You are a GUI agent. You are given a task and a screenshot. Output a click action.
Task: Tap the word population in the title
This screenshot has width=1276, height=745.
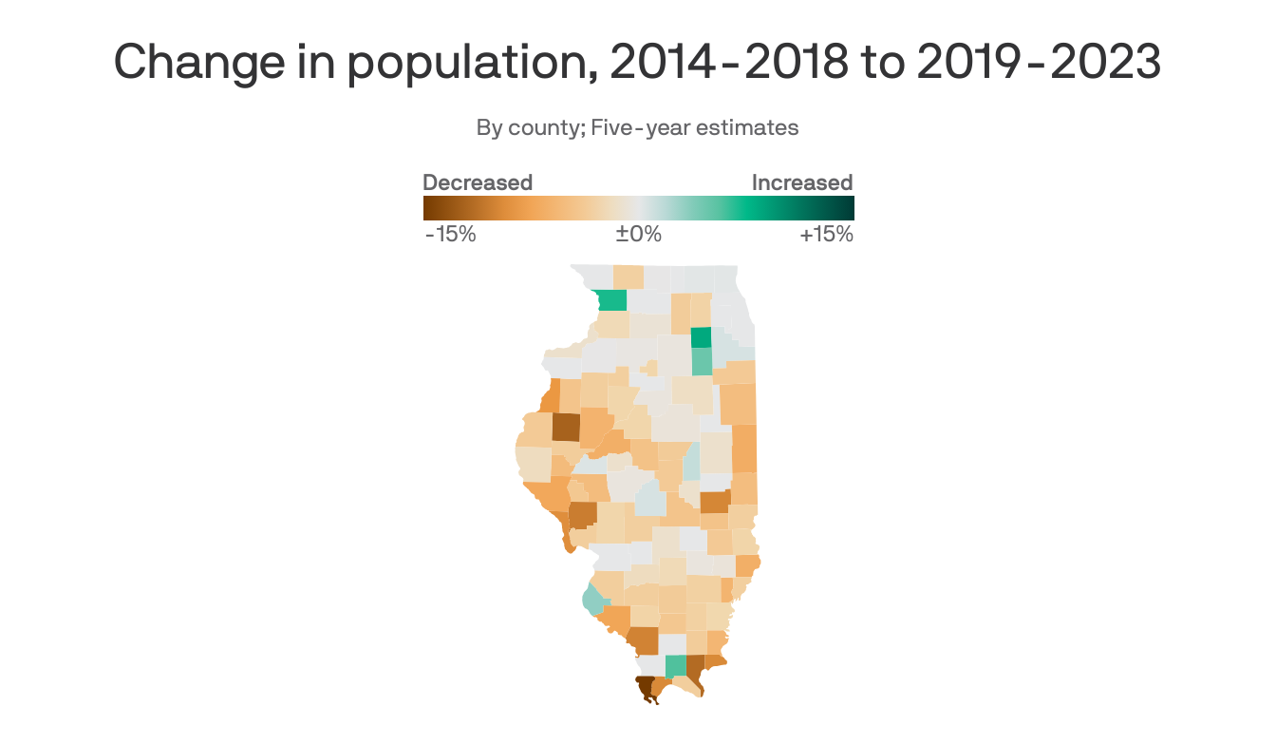pos(418,63)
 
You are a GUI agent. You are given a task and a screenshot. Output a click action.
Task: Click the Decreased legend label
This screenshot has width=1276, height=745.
pos(478,182)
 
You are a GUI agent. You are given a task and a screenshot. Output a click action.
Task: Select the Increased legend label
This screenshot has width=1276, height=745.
pos(802,182)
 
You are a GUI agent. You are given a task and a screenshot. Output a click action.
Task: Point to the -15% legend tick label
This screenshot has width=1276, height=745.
pos(450,234)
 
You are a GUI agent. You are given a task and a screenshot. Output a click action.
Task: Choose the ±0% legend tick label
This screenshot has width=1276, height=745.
pos(638,234)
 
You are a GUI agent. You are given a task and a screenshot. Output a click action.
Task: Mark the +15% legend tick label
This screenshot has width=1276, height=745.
pos(826,234)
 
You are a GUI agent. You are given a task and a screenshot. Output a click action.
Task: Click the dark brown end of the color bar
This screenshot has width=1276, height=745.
pos(429,207)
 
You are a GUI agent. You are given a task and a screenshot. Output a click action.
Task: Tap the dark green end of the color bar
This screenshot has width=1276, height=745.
pos(848,207)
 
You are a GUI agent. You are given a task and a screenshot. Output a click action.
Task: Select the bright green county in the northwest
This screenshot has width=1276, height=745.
pos(612,300)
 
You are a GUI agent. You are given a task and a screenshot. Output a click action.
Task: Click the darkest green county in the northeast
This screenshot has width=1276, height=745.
pos(701,337)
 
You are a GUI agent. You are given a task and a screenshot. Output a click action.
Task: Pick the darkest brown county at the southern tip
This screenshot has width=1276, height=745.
pos(646,687)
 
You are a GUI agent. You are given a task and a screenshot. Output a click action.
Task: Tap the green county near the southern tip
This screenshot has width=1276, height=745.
pos(675,666)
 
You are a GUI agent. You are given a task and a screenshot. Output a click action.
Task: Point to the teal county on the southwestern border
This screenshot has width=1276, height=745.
pos(592,601)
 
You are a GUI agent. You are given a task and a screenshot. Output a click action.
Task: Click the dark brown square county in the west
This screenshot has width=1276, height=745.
pos(566,427)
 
